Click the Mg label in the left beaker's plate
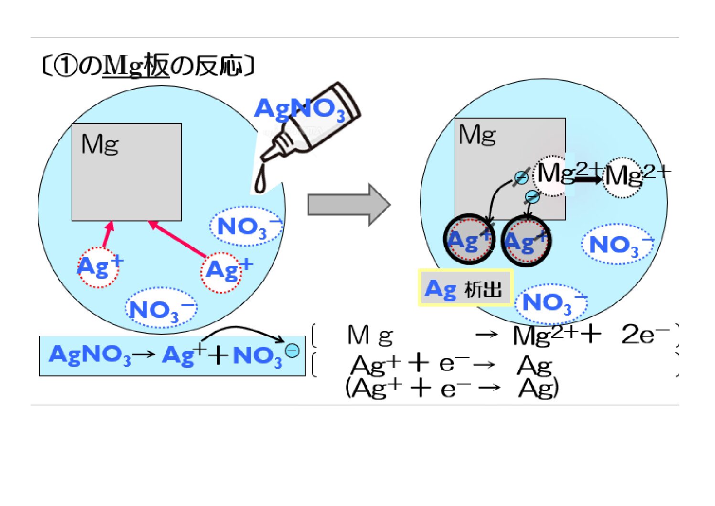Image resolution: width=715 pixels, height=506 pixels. (x=100, y=144)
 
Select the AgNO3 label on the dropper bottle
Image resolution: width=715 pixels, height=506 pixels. (x=299, y=110)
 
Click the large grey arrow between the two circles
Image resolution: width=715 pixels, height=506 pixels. (x=349, y=204)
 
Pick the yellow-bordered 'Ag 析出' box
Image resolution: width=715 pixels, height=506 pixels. (x=466, y=287)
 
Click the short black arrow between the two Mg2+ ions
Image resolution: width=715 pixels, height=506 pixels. (x=587, y=179)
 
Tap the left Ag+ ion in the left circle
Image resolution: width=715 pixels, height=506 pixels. (x=99, y=267)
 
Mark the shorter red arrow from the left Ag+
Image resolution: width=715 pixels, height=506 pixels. (x=108, y=234)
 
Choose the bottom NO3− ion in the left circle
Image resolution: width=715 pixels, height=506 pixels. (x=160, y=308)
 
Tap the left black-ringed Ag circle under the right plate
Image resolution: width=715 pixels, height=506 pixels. (x=469, y=239)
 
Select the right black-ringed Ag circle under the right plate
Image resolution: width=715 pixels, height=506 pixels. (x=526, y=241)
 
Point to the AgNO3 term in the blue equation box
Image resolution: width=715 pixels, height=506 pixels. (x=89, y=355)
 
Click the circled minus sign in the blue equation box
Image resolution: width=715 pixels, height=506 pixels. (x=292, y=351)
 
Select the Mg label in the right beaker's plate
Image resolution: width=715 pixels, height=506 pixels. (x=477, y=135)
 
